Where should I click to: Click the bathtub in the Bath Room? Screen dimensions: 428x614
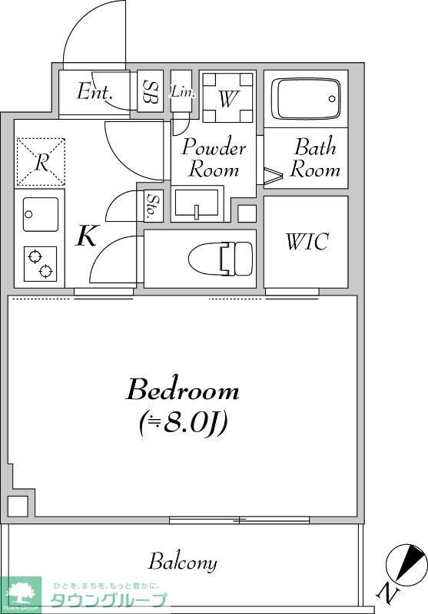point(305,99)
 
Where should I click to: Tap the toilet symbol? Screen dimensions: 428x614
point(221,259)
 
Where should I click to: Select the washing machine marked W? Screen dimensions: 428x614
point(227,97)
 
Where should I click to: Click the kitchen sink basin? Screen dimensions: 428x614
point(41,214)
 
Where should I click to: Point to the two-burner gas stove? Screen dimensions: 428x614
point(41,263)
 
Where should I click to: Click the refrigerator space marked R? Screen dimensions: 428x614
point(41,162)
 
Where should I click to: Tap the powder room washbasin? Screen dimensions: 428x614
point(197,203)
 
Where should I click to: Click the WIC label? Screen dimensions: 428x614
point(307,241)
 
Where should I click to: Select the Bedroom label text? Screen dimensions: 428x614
point(183,390)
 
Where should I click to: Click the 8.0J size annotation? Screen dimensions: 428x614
point(183,424)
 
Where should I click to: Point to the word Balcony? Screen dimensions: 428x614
point(182,563)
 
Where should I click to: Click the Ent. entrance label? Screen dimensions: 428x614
point(95,91)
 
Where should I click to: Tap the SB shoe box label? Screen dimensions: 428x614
point(150,91)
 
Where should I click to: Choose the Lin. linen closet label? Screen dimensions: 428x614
point(182,92)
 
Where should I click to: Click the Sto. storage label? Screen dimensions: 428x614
point(150,206)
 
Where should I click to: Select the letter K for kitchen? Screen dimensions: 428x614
point(86,236)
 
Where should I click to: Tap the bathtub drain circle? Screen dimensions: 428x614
point(332,99)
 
